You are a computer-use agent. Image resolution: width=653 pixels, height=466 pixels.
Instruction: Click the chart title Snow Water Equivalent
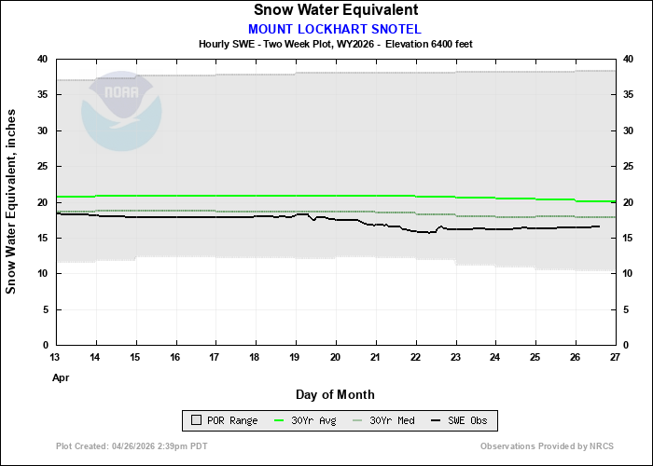335,10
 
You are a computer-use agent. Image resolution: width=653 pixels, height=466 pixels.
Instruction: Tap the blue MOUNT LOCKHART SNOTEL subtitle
335,28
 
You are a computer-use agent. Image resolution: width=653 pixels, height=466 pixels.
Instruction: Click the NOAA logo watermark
121,113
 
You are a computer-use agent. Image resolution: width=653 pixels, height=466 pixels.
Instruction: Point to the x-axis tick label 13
56,357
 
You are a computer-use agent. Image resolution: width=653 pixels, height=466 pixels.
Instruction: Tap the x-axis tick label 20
335,357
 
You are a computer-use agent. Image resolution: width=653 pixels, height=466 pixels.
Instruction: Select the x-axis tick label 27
614,357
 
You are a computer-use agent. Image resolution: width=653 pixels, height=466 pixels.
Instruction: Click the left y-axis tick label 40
42,59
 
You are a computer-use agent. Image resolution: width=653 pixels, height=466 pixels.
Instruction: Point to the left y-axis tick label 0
45,345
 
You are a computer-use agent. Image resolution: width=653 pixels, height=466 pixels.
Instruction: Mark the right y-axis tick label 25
628,166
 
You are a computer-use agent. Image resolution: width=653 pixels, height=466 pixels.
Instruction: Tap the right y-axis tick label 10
628,273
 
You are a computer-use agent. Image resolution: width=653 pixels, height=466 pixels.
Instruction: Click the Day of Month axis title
335,394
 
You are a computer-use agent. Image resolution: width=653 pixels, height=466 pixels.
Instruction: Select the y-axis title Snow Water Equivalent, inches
12,201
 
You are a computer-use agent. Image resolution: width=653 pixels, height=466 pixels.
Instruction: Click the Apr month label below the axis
61,377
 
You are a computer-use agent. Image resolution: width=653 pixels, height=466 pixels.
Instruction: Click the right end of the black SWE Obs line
599,226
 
